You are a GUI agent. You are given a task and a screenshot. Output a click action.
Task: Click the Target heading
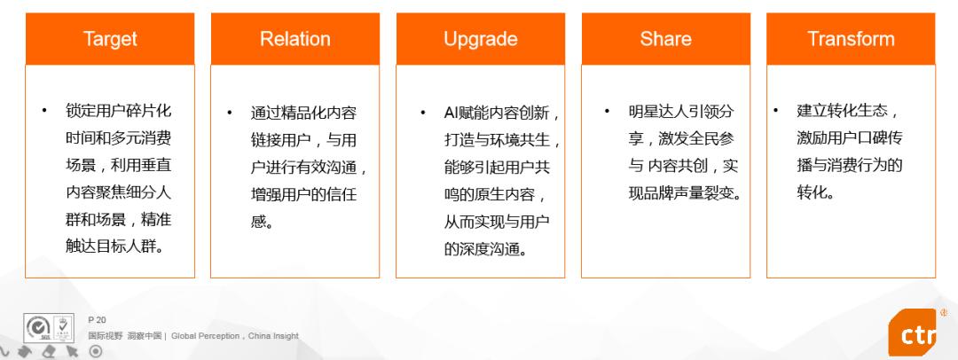pyautogui.click(x=110, y=39)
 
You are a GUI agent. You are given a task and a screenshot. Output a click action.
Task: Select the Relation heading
pyautogui.click(x=295, y=39)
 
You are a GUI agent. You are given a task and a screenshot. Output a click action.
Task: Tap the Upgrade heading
pyautogui.click(x=480, y=40)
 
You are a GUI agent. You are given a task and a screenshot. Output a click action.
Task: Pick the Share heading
pyautogui.click(x=665, y=39)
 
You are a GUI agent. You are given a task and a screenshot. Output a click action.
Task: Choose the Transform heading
pyautogui.click(x=851, y=39)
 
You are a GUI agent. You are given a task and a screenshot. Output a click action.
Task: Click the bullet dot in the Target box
pyautogui.click(x=44, y=111)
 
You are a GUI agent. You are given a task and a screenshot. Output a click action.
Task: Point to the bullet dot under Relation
pyautogui.click(x=230, y=113)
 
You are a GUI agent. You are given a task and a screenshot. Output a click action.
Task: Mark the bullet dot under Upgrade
pyautogui.click(x=423, y=113)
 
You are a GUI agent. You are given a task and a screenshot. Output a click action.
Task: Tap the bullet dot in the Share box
pyautogui.click(x=607, y=111)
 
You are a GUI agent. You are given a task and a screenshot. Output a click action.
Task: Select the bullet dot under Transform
pyautogui.click(x=776, y=111)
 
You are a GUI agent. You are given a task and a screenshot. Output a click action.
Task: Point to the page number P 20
pyautogui.click(x=98, y=320)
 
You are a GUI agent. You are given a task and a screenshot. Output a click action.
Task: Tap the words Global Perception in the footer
pyautogui.click(x=205, y=335)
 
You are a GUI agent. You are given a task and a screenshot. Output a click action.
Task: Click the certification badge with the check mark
pyautogui.click(x=64, y=327)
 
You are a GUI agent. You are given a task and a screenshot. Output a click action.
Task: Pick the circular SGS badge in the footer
pyautogui.click(x=38, y=328)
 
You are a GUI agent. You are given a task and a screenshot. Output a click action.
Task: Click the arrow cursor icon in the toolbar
pyautogui.click(x=72, y=351)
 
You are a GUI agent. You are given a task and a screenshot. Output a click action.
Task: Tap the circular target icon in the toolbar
pyautogui.click(x=95, y=351)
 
